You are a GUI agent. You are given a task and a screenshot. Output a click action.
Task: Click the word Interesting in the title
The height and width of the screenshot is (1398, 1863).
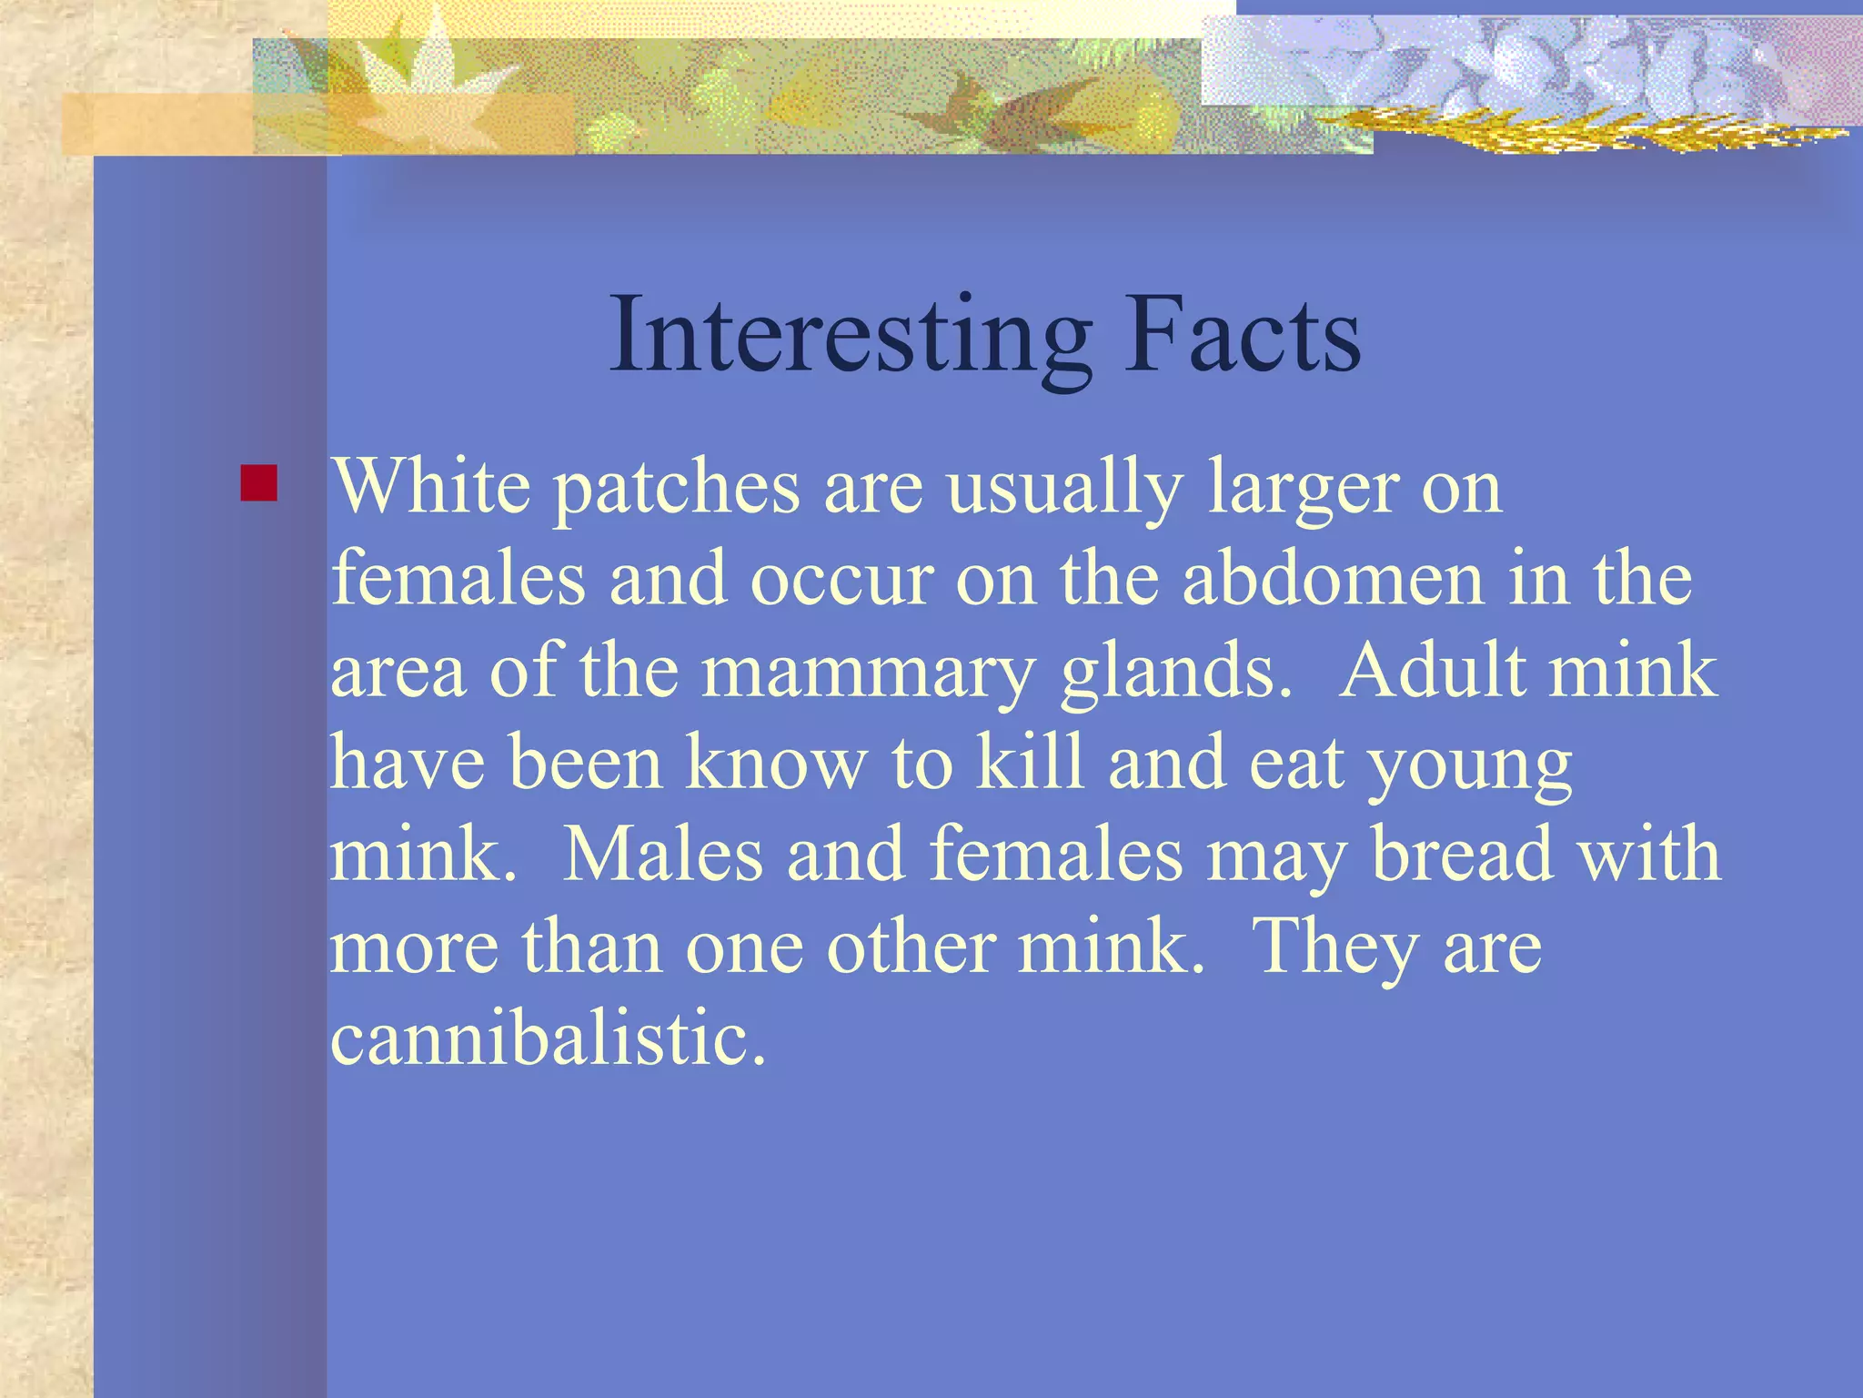click(x=851, y=335)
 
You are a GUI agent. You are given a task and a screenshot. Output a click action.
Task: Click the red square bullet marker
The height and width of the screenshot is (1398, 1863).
click(x=258, y=483)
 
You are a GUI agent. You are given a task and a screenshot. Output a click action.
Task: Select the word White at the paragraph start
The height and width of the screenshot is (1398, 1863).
click(x=430, y=486)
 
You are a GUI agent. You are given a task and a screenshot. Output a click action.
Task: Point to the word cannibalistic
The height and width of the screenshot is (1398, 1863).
click(x=549, y=1038)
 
